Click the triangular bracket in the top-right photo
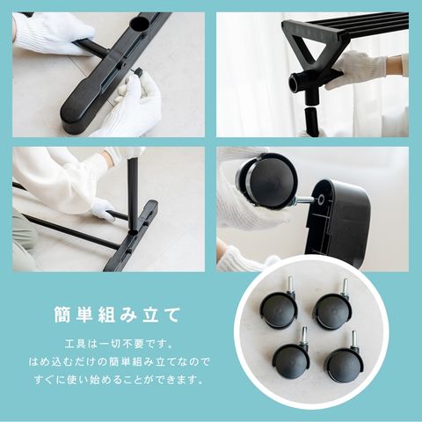point(309,47)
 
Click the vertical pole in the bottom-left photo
point(133,193)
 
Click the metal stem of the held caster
point(306,200)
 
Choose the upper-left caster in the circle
point(278,307)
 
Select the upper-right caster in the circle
point(331,309)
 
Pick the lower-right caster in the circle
point(345,363)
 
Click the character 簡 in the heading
point(62,316)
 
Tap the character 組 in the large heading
point(106,316)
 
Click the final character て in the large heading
point(172,316)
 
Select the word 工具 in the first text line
point(75,344)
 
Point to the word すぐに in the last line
point(48,380)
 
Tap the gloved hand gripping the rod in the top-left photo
point(55,33)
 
